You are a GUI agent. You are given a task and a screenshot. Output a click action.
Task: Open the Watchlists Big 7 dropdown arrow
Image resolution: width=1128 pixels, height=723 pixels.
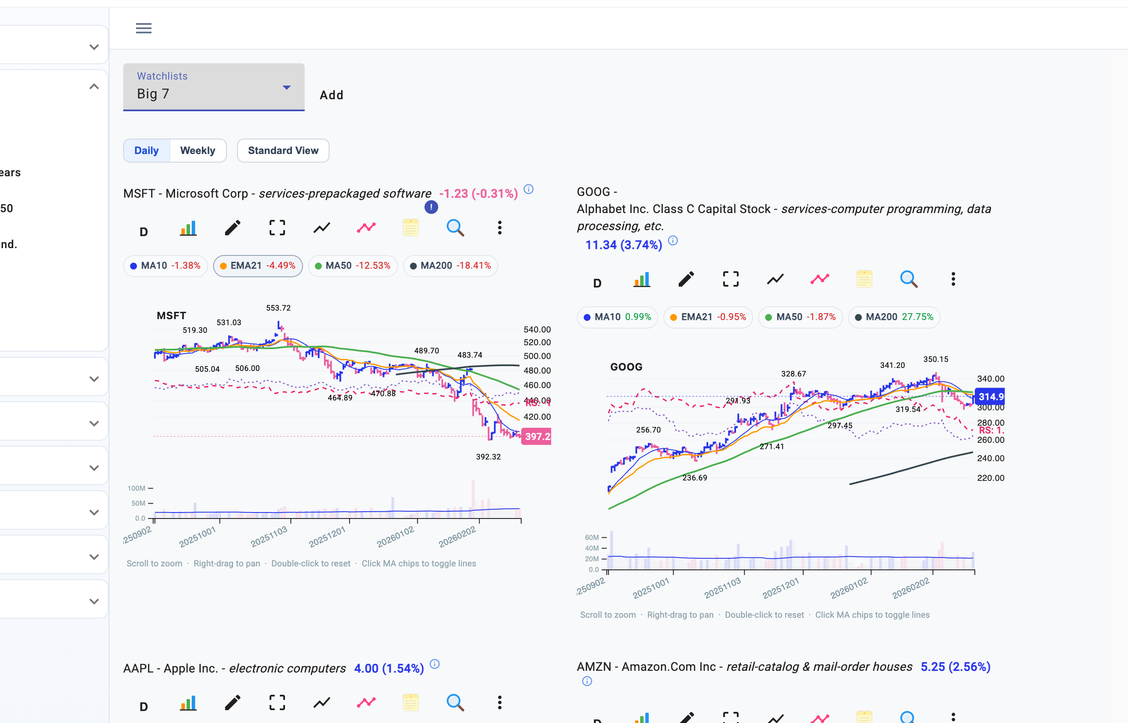(286, 87)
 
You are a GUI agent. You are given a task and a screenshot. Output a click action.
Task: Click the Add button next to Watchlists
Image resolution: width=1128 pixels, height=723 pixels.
(332, 95)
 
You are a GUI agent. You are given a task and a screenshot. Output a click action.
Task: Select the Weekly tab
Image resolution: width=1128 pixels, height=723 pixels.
(198, 150)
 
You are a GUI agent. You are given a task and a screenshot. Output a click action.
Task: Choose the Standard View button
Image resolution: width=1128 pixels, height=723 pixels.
(283, 150)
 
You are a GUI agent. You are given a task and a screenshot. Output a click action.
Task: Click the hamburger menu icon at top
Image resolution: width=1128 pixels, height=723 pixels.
(144, 28)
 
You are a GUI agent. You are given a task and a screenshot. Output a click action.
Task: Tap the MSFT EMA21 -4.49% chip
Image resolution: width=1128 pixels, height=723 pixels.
(258, 266)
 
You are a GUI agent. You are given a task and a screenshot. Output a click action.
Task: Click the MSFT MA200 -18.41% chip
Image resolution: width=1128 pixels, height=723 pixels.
(450, 266)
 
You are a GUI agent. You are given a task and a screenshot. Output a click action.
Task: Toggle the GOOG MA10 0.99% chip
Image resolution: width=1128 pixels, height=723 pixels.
(617, 317)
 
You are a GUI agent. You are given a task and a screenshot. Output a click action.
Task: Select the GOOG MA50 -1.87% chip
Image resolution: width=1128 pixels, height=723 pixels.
(800, 317)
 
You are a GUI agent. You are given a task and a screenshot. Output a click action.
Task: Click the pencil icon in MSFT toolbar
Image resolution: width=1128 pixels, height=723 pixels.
(232, 228)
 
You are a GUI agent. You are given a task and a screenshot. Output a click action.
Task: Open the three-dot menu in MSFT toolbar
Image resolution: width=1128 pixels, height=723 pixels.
(500, 228)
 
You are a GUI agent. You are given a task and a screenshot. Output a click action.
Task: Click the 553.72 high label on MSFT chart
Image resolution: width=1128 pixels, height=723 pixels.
(279, 308)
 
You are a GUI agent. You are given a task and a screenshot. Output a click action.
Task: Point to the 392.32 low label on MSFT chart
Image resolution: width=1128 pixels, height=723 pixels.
(488, 457)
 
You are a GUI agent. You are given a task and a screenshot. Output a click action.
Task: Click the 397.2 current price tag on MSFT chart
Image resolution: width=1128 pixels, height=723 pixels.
(536, 437)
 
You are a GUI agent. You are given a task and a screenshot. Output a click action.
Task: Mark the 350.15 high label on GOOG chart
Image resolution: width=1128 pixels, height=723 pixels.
(935, 359)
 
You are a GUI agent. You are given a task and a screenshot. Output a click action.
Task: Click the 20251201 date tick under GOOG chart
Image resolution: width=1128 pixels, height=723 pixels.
(780, 588)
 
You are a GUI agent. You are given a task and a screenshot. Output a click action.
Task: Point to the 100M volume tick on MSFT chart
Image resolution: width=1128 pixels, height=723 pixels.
(137, 488)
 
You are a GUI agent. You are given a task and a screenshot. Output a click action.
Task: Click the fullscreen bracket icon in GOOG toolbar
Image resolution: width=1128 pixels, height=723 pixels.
(731, 279)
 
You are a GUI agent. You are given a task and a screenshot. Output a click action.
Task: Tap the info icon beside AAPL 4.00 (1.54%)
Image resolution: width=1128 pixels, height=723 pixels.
(435, 664)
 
